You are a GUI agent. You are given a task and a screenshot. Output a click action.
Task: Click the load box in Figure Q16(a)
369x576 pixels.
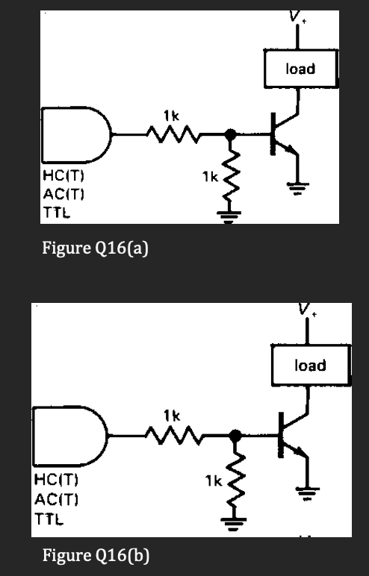[300, 69]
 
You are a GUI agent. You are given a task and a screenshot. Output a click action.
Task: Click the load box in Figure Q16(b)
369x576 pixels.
[309, 365]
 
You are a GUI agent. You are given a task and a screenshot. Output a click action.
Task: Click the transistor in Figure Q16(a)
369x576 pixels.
[283, 137]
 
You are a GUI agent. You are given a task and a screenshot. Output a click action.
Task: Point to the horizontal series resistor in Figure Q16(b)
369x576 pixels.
[175, 434]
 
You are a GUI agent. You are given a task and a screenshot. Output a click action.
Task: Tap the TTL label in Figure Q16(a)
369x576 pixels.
[54, 210]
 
